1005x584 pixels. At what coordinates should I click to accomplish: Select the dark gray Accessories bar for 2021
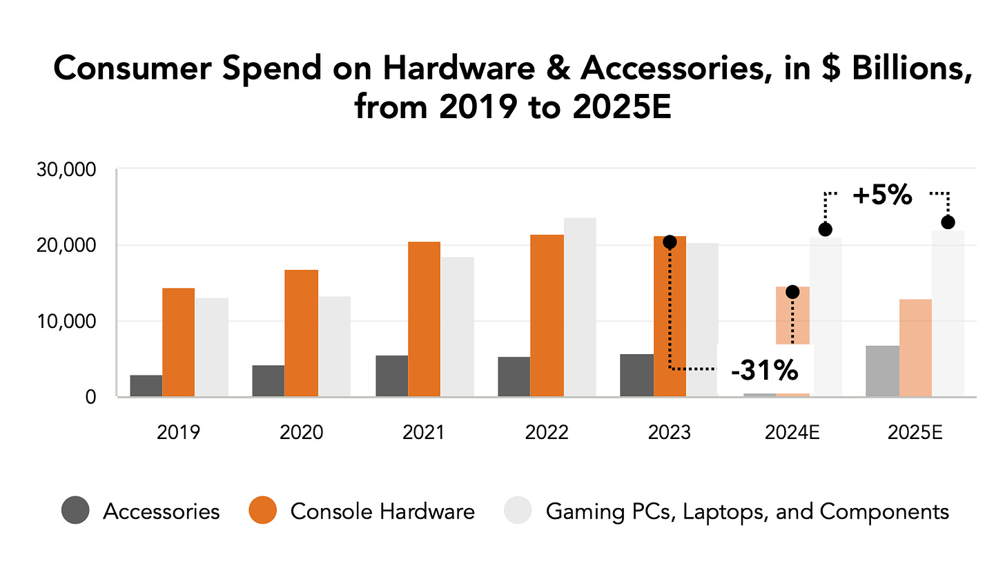click(391, 376)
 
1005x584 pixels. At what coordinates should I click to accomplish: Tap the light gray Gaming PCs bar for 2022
click(580, 307)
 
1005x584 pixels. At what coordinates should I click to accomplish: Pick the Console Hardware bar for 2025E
click(915, 348)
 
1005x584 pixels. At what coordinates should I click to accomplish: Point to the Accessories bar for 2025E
click(882, 371)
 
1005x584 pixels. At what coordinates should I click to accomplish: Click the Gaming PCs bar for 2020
click(334, 347)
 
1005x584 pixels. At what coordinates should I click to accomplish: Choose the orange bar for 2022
click(547, 315)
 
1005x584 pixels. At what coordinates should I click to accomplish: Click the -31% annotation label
click(765, 371)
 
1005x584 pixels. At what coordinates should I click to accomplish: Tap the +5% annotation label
click(882, 195)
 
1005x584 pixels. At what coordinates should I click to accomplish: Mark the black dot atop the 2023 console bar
click(670, 242)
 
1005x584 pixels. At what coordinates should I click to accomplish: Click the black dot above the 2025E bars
click(948, 222)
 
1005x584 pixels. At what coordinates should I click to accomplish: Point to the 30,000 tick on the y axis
click(66, 170)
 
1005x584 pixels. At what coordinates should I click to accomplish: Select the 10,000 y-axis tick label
click(66, 322)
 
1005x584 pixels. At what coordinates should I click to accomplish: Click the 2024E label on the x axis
click(792, 433)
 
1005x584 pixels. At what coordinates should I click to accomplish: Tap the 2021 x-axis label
click(423, 433)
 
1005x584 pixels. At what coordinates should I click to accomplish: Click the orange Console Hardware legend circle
click(263, 511)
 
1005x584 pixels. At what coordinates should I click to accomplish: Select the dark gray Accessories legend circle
click(75, 511)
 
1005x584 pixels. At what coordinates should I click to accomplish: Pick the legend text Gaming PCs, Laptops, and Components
click(747, 512)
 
